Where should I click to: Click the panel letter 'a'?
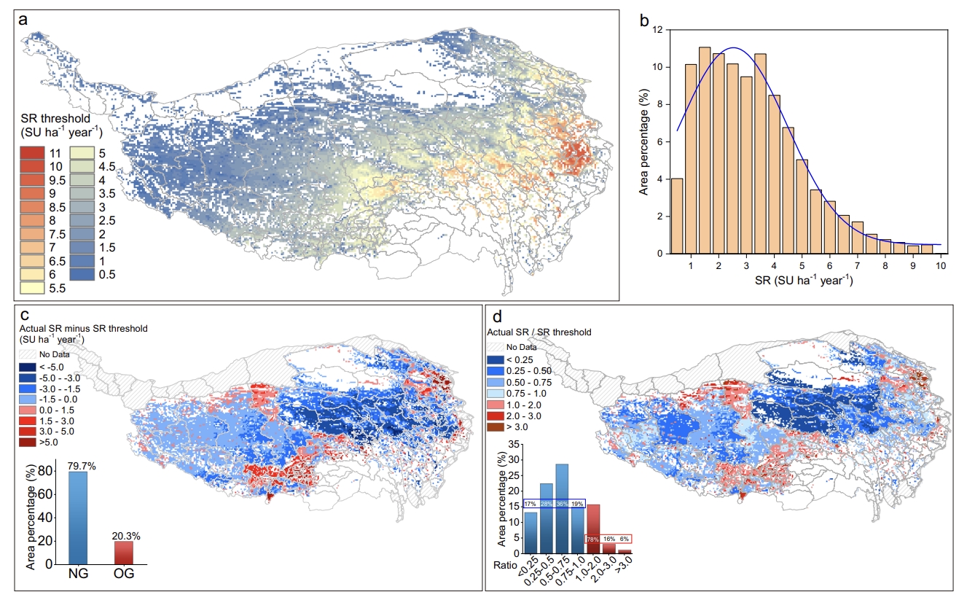coord(23,20)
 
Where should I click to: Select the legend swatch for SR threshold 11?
coord(31,153)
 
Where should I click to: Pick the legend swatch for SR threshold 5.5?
coord(31,287)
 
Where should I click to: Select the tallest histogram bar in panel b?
coord(705,150)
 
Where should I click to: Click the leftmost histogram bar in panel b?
coord(677,216)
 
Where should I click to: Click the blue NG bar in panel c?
coord(78,518)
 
